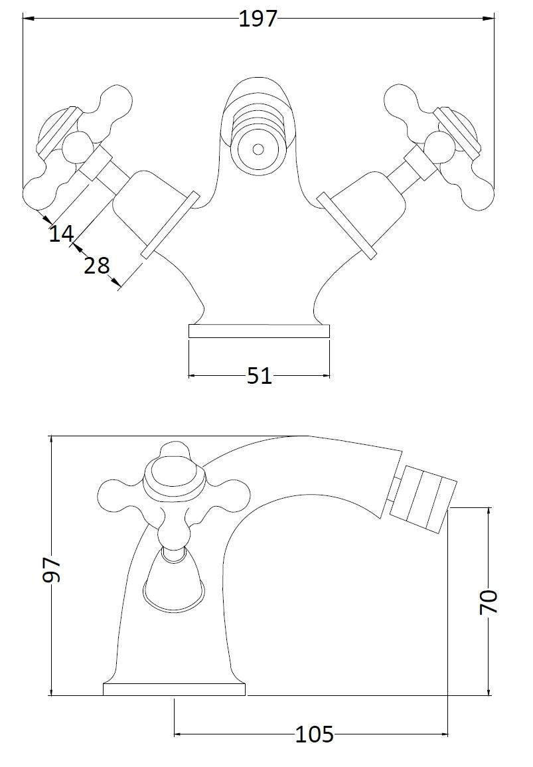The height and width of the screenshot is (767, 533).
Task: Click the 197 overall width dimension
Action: click(258, 19)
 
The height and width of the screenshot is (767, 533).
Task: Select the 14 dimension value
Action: click(61, 234)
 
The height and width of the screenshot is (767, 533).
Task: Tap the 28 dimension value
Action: click(97, 266)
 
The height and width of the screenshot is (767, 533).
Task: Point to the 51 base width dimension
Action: click(259, 376)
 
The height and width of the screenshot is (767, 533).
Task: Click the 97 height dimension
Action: click(52, 570)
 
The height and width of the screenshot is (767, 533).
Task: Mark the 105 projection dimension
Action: click(314, 734)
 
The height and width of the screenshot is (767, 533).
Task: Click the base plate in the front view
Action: click(259, 331)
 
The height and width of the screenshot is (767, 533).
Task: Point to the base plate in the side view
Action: click(174, 689)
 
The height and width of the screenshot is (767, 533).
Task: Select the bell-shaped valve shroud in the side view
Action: click(174, 583)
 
